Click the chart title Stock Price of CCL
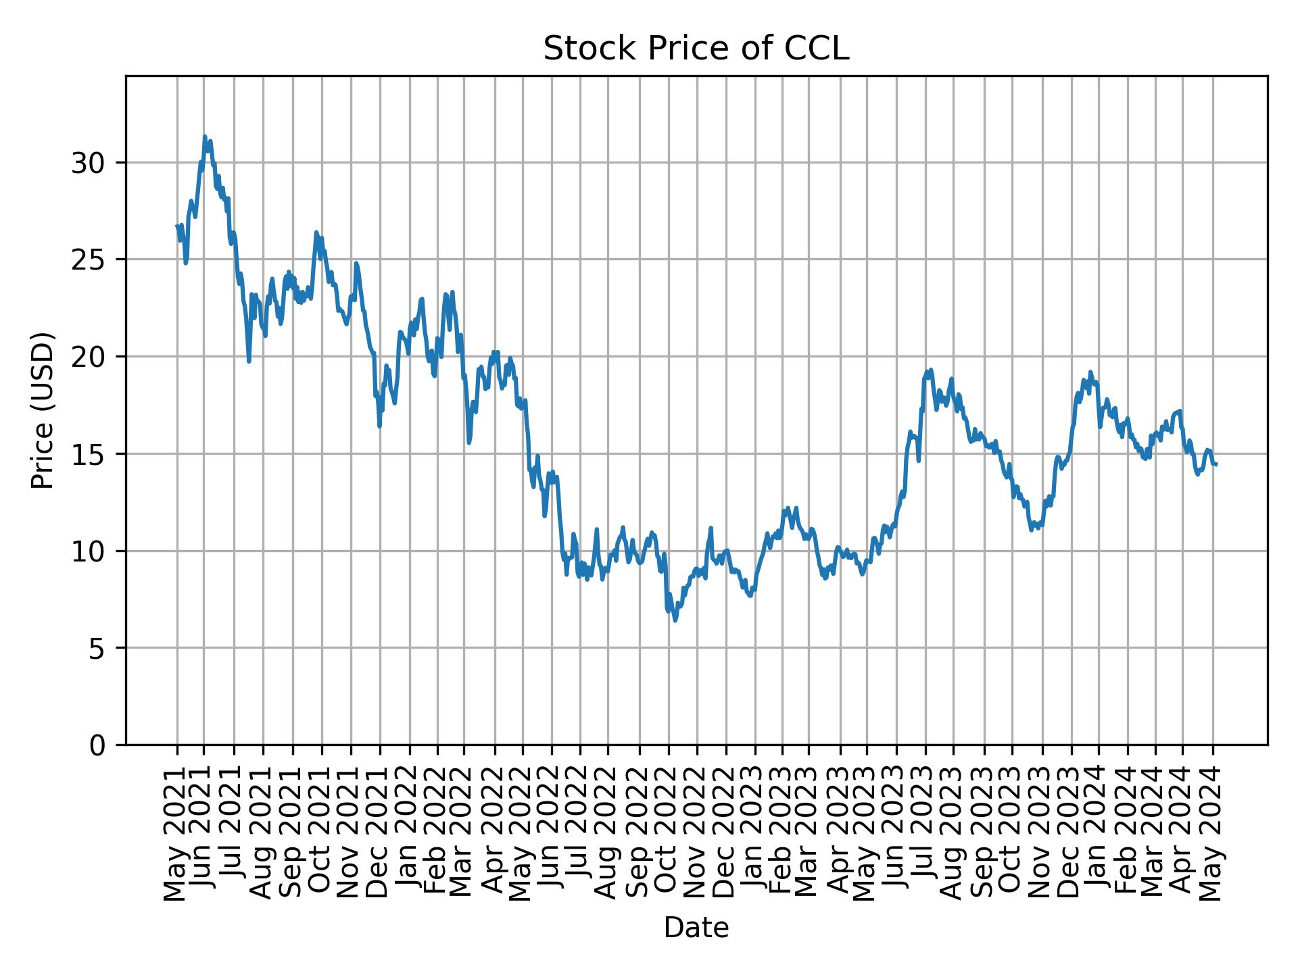point(696,49)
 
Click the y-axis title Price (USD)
point(43,410)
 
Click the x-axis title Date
point(696,928)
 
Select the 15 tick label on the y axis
point(88,454)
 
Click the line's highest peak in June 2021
point(205,136)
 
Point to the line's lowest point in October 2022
point(675,620)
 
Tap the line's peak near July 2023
point(931,370)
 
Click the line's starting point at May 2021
point(177,226)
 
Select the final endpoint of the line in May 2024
point(1216,464)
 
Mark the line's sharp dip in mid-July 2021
point(249,361)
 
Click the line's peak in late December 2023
point(1090,372)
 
